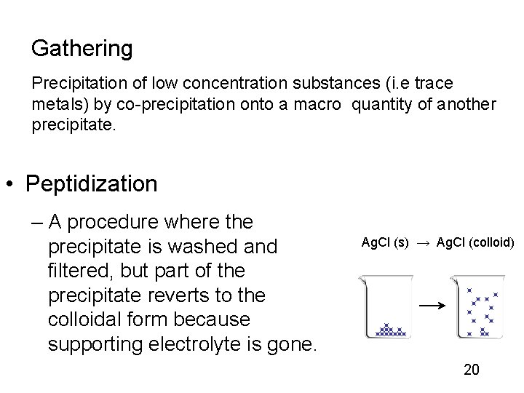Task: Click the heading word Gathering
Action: (x=82, y=49)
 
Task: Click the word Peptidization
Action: (x=91, y=184)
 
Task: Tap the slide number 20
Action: (x=472, y=370)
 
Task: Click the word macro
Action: (x=317, y=105)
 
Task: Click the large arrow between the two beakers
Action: (x=433, y=306)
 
